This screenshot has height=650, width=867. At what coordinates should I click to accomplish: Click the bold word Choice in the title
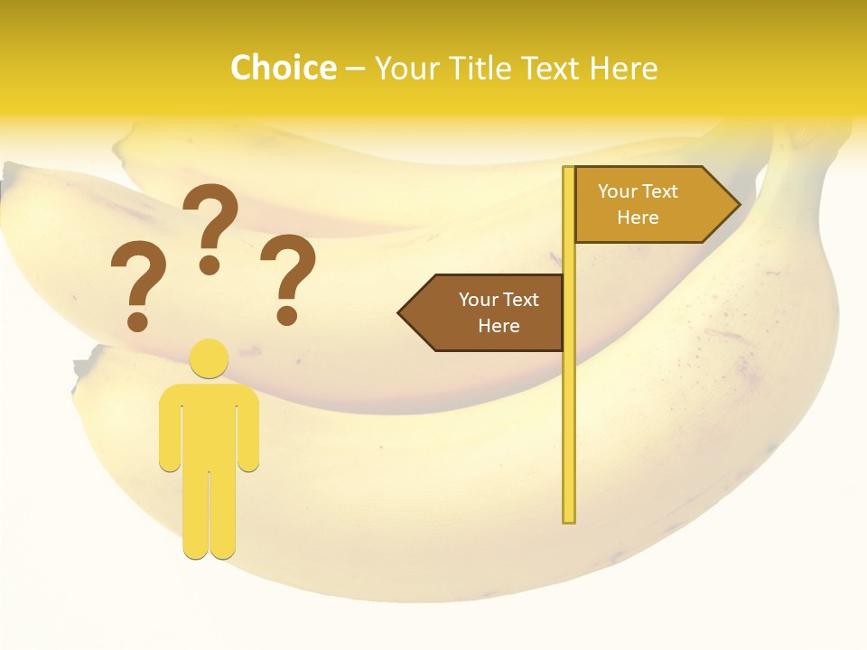tap(283, 69)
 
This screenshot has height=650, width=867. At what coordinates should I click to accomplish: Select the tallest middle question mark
tap(212, 217)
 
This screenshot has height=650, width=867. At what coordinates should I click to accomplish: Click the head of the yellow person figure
tap(210, 358)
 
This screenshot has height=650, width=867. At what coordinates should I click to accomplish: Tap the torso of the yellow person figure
tap(210, 424)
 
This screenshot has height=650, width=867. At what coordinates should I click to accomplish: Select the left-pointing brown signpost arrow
tap(483, 312)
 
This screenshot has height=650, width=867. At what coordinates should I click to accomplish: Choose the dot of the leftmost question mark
tap(137, 320)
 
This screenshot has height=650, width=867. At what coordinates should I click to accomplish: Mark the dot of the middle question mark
tap(210, 265)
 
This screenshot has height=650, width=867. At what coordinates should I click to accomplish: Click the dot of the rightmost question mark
tap(287, 315)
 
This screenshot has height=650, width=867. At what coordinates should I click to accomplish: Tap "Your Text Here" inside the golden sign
tap(638, 204)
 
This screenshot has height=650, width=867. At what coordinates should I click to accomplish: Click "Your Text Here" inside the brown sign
tap(499, 312)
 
